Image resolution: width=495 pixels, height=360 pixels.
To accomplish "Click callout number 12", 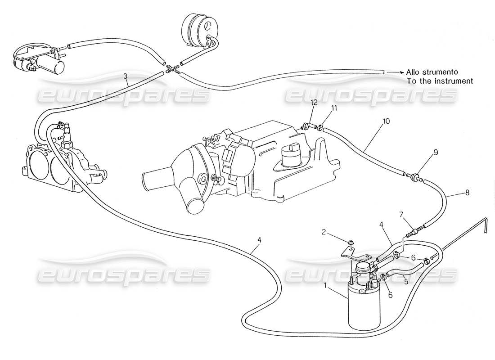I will click(314, 103).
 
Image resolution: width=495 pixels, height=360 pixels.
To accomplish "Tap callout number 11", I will click(334, 108).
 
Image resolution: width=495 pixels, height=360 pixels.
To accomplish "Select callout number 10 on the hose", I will click(386, 121).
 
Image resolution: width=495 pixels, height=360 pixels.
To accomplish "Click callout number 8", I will click(467, 193).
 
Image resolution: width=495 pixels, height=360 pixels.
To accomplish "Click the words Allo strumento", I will click(432, 72).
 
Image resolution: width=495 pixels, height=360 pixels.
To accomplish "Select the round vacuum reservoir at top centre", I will click(199, 29).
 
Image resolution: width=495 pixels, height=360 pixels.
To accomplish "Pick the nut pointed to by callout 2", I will click(351, 244).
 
